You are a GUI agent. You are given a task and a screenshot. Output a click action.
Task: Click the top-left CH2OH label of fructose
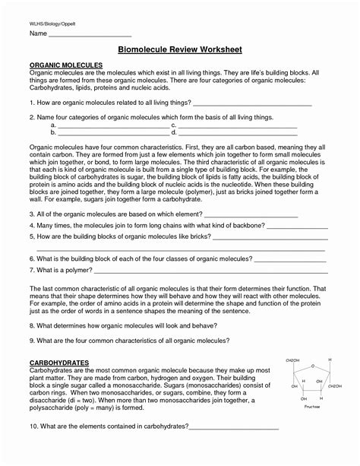(x=292, y=360)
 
